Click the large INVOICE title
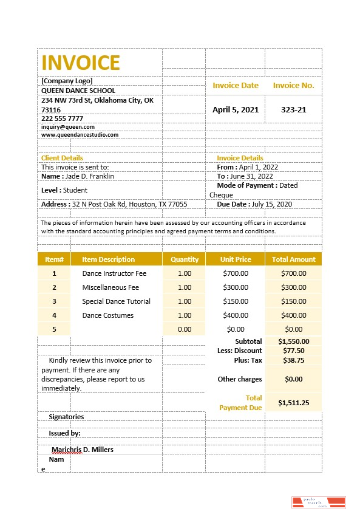point(81,63)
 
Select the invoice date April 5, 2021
point(236,110)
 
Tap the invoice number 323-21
point(293,110)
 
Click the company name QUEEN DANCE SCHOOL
point(78,91)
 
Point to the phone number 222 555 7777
point(62,118)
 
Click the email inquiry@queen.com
point(67,127)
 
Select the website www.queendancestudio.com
point(80,135)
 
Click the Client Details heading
point(62,158)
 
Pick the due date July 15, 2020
point(271,205)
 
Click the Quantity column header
point(185,259)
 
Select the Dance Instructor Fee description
point(114,273)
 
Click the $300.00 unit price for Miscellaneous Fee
point(236,287)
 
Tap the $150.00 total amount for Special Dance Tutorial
point(294,301)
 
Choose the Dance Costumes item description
point(108,315)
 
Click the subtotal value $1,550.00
point(294,341)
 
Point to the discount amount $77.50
point(294,351)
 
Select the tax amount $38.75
point(294,360)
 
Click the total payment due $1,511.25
point(294,403)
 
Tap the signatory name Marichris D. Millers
point(83,450)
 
